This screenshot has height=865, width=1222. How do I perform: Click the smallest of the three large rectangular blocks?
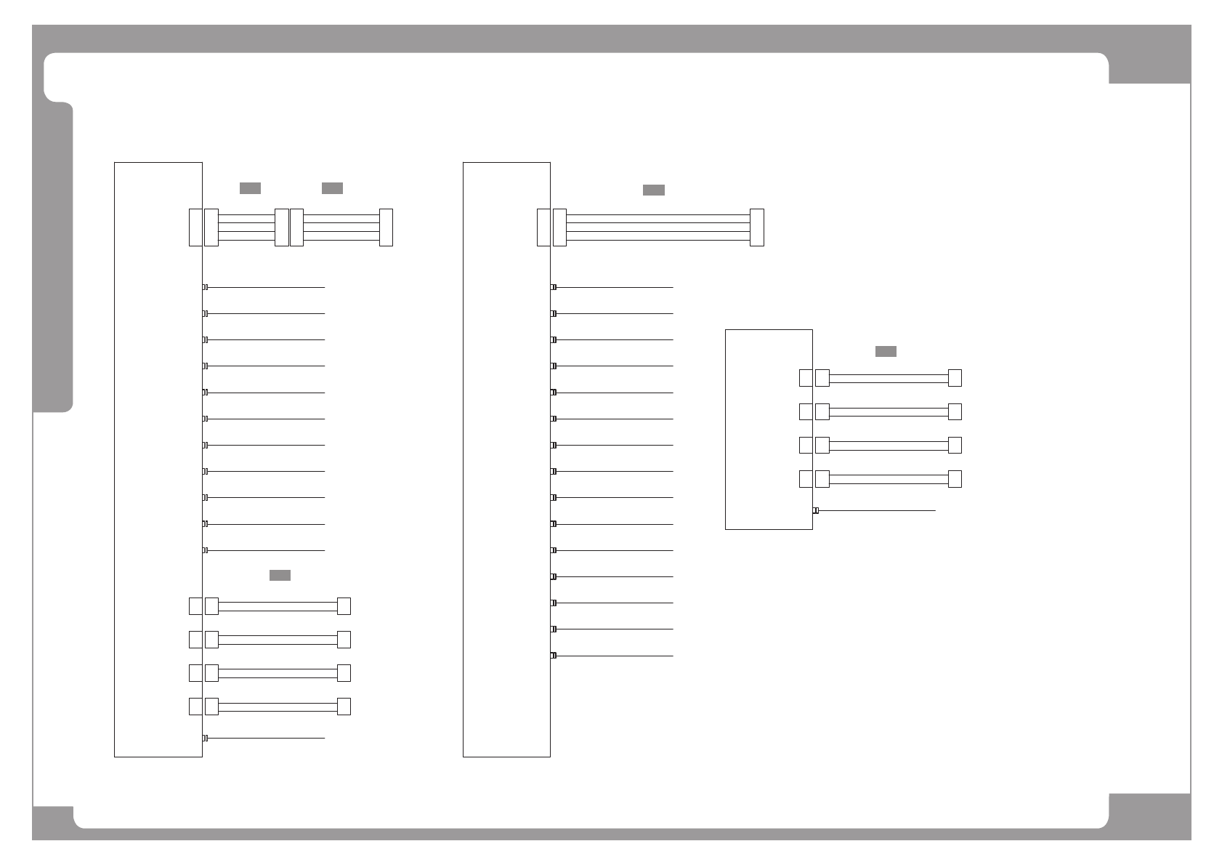coord(768,429)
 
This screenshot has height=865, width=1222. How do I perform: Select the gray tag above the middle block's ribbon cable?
coord(653,190)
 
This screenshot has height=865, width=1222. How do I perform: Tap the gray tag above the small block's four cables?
coord(885,352)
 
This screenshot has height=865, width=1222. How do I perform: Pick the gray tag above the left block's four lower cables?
coord(280,576)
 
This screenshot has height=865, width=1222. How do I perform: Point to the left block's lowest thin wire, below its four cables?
coord(266,739)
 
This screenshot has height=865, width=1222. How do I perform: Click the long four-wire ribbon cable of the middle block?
coord(657,228)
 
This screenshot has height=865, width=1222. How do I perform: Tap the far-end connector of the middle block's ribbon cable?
coord(756,228)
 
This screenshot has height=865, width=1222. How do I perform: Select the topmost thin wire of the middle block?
coord(615,287)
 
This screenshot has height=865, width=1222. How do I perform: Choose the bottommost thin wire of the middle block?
coord(615,656)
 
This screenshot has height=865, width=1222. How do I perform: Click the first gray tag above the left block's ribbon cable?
coord(250,189)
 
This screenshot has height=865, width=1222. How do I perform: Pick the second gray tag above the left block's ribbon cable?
coord(332,189)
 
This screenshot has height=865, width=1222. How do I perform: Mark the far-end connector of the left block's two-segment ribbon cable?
coord(386,228)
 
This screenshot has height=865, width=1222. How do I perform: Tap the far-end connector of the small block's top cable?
coord(955,378)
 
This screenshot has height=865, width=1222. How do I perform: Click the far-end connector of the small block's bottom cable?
coord(955,479)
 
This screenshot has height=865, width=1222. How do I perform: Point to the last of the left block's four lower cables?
coord(278,707)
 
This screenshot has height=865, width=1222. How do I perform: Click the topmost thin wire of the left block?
coord(266,287)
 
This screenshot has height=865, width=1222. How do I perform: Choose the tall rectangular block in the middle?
coord(506,459)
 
